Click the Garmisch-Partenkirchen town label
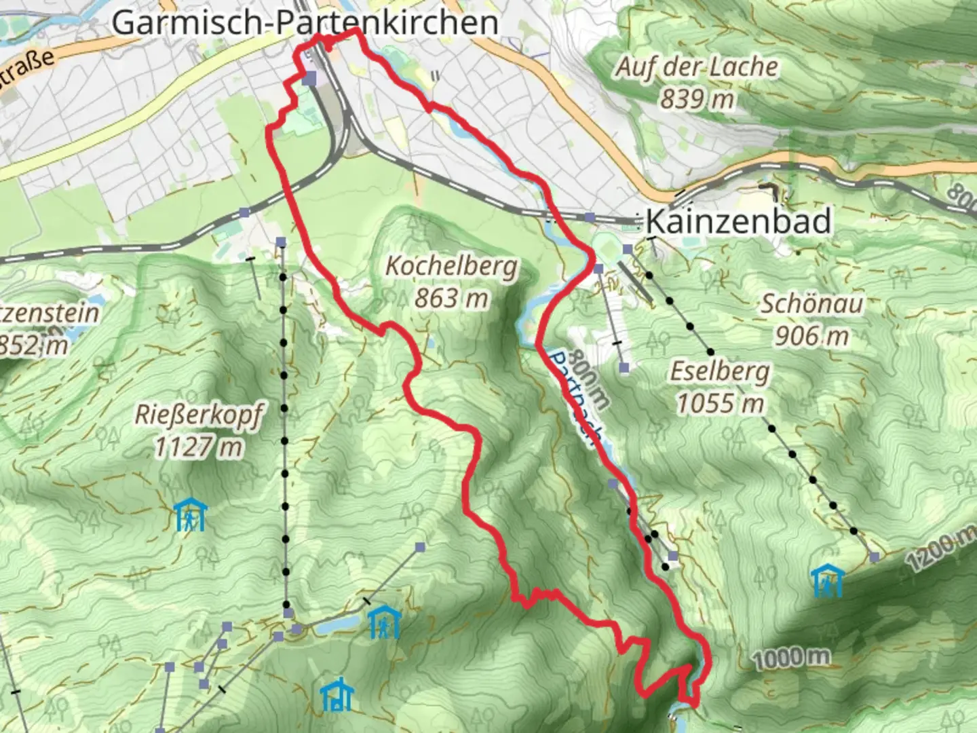click(305, 22)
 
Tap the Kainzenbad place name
click(738, 221)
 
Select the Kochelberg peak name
click(451, 266)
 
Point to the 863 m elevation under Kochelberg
click(451, 297)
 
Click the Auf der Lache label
click(697, 67)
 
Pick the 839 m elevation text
click(697, 99)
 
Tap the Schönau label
click(811, 303)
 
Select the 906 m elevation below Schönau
click(811, 335)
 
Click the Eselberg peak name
click(721, 371)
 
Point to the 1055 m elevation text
click(721, 404)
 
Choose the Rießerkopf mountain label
click(198, 415)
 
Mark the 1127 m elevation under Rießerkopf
click(198, 447)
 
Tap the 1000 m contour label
click(791, 656)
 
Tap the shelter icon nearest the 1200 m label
click(827, 582)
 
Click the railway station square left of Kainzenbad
click(590, 217)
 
